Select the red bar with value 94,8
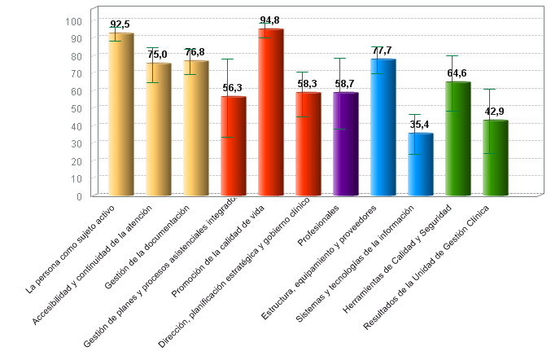(x=271, y=113)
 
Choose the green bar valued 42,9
(x=496, y=159)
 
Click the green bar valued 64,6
(x=458, y=139)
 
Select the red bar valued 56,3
(x=234, y=147)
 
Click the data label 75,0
(x=157, y=55)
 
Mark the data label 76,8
(x=195, y=52)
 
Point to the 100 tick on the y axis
(x=75, y=21)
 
